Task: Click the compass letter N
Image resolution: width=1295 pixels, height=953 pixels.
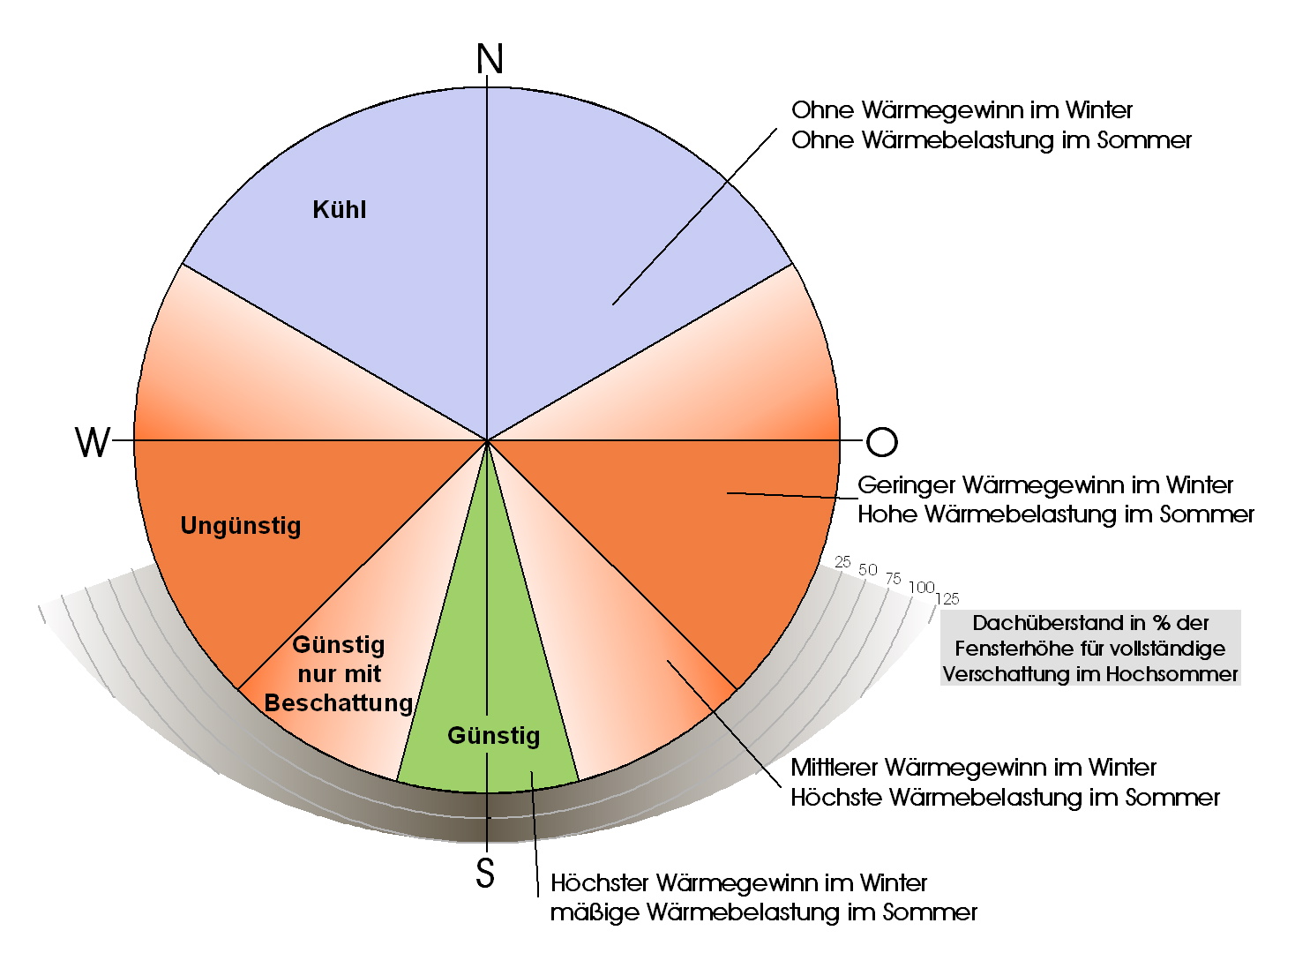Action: [x=490, y=59]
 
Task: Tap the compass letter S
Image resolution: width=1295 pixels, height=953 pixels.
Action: [x=485, y=873]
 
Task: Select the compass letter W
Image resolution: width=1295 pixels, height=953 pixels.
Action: [x=93, y=442]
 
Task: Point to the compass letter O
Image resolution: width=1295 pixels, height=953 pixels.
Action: [x=881, y=442]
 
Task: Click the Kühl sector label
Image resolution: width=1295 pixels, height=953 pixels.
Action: [x=340, y=210]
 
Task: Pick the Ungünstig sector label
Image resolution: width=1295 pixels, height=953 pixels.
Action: [x=241, y=526]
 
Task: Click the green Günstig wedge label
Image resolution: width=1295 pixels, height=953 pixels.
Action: [x=493, y=735]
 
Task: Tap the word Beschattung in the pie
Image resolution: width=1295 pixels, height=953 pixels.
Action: [x=339, y=703]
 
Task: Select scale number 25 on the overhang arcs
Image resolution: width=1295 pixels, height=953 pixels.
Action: [x=843, y=562]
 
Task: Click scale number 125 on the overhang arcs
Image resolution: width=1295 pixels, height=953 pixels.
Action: [x=947, y=599]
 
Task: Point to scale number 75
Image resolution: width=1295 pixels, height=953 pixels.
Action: [x=894, y=579]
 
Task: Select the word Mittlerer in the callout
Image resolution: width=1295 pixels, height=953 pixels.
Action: [x=834, y=768]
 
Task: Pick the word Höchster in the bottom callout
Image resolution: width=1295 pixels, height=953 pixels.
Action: [x=600, y=882]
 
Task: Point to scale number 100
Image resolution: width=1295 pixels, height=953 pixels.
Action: [x=921, y=588]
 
